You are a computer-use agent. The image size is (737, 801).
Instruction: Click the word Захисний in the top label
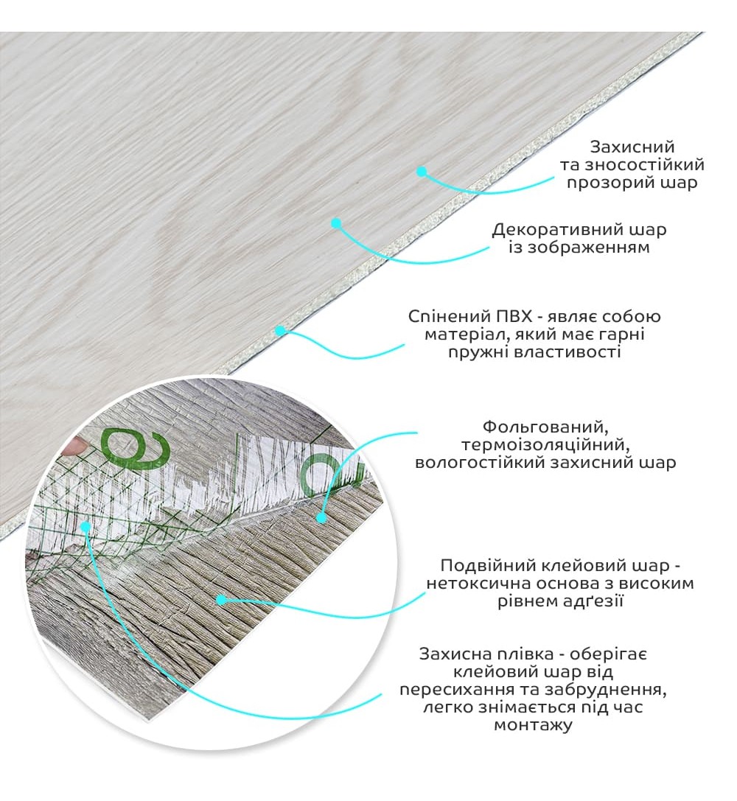click(632, 147)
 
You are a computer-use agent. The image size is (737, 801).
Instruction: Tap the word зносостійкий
click(645, 165)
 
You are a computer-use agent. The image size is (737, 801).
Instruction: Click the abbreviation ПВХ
click(514, 317)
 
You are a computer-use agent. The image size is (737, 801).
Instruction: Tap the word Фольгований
click(545, 427)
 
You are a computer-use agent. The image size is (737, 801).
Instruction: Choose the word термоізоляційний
click(545, 445)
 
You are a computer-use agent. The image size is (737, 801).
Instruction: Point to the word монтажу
click(533, 725)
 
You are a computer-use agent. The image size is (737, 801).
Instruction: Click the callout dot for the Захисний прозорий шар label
click(422, 172)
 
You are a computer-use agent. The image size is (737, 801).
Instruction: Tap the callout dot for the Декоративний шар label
click(335, 223)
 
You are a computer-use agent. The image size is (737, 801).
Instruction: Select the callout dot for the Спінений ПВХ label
click(280, 331)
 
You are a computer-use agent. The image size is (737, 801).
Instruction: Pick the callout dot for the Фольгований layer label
click(321, 517)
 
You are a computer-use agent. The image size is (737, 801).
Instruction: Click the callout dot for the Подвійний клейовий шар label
click(221, 600)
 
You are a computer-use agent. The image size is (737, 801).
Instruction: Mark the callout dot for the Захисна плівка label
click(85, 525)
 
